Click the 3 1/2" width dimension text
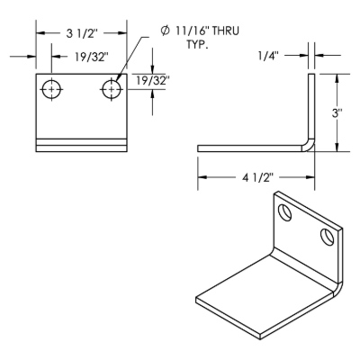tap(82, 33)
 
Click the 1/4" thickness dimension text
tap(268, 56)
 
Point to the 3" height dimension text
tap(337, 113)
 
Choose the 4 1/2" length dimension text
tap(258, 177)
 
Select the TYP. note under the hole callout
tap(197, 45)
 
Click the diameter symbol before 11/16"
tap(165, 31)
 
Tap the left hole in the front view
tap(51, 89)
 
